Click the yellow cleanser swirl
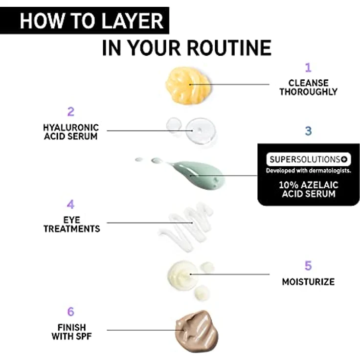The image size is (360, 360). point(188,86)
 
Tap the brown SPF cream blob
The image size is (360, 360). point(197,331)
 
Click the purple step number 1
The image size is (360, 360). point(308,67)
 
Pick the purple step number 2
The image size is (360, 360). point(71,112)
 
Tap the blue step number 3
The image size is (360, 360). point(308,131)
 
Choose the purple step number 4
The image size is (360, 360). point(71,204)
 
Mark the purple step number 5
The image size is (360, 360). point(308,266)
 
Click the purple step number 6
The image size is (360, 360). point(71,312)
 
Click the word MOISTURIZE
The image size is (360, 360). point(308,282)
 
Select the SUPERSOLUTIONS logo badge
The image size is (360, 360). point(308,159)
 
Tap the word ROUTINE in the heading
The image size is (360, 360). point(229,48)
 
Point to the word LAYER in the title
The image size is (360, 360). point(132,21)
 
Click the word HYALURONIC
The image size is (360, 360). point(71,128)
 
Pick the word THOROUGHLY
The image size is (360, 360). point(308,92)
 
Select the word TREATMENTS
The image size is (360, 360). point(71,229)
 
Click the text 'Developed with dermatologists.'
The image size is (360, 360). point(308,171)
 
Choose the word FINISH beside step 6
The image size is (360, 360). point(71,327)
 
